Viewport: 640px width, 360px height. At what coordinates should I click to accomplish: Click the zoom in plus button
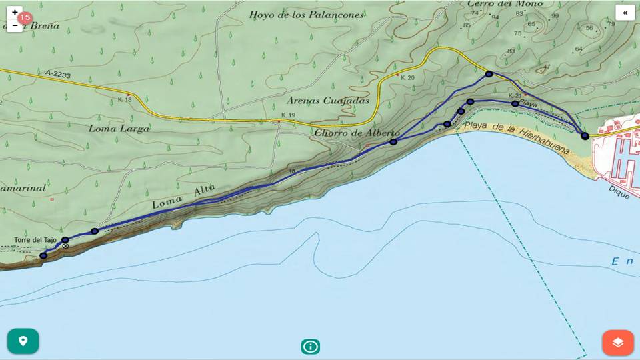click(15, 13)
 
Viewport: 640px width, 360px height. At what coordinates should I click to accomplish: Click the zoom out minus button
click(15, 26)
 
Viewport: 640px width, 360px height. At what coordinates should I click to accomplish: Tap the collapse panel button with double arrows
click(625, 13)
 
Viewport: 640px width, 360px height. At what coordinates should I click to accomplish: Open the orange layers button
click(617, 342)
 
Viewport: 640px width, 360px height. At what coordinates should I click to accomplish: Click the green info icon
click(310, 347)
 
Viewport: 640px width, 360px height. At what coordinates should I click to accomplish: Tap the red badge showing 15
click(25, 18)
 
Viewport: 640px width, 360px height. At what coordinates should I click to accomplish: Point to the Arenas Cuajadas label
click(327, 101)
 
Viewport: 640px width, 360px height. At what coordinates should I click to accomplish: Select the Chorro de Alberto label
click(357, 133)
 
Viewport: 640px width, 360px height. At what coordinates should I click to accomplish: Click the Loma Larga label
click(119, 128)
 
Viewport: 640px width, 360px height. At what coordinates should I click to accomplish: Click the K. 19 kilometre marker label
click(288, 115)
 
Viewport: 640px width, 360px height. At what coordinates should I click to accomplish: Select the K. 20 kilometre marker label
click(407, 78)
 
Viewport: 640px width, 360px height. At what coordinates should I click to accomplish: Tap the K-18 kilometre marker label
click(124, 100)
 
